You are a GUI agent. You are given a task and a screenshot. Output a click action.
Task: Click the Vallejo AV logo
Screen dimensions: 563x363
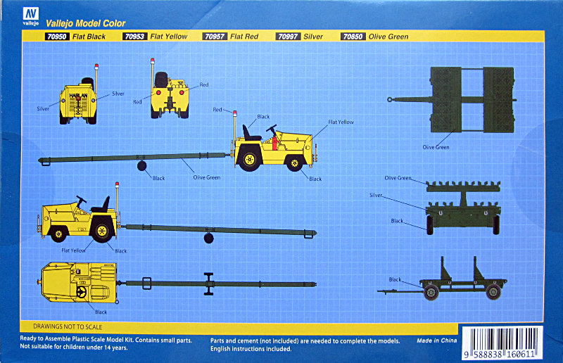[x=30, y=16]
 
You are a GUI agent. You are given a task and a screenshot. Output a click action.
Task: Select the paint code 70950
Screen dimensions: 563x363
[x=57, y=37]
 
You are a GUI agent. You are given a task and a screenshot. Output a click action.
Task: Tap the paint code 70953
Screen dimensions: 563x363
[x=134, y=37]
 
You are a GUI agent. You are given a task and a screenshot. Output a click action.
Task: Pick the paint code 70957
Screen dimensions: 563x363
[x=215, y=37]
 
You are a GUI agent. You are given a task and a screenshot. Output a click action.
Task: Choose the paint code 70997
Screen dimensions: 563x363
[x=288, y=37]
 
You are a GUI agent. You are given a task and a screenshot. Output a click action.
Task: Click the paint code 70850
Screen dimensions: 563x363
[x=353, y=37]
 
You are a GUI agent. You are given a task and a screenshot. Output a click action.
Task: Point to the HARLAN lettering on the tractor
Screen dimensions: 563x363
[x=78, y=96]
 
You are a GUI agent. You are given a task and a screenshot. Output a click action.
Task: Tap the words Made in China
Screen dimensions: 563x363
[x=436, y=340]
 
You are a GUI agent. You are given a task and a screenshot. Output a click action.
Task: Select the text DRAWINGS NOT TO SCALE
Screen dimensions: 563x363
[x=68, y=326]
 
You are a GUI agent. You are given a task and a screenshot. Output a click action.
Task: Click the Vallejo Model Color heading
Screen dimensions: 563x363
[x=85, y=24]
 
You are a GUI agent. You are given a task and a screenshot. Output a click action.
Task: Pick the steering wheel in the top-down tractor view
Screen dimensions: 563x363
[x=82, y=292]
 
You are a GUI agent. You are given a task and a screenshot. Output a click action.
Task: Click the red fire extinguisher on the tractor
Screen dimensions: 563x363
[x=274, y=142]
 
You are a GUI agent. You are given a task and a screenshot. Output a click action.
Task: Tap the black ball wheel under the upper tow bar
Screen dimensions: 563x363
[x=142, y=166]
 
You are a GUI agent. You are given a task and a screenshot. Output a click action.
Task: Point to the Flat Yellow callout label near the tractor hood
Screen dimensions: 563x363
[x=341, y=122]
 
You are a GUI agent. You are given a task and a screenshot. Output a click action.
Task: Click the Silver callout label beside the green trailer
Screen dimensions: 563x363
[x=376, y=196]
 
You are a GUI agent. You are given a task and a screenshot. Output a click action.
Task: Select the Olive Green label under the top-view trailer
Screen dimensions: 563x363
[x=436, y=147]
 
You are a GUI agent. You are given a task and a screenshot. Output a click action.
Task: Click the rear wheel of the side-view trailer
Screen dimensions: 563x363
[x=493, y=291]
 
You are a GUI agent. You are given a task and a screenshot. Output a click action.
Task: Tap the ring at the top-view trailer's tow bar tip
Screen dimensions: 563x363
[x=389, y=99]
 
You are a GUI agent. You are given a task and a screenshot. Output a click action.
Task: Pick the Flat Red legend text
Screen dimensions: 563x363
[x=244, y=37]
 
